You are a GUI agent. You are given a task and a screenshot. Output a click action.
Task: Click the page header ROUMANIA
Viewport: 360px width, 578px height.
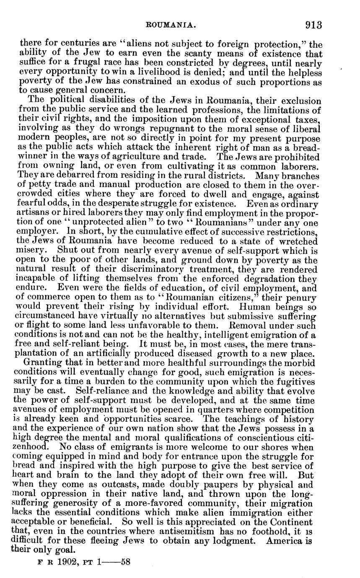(x=169, y=25)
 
